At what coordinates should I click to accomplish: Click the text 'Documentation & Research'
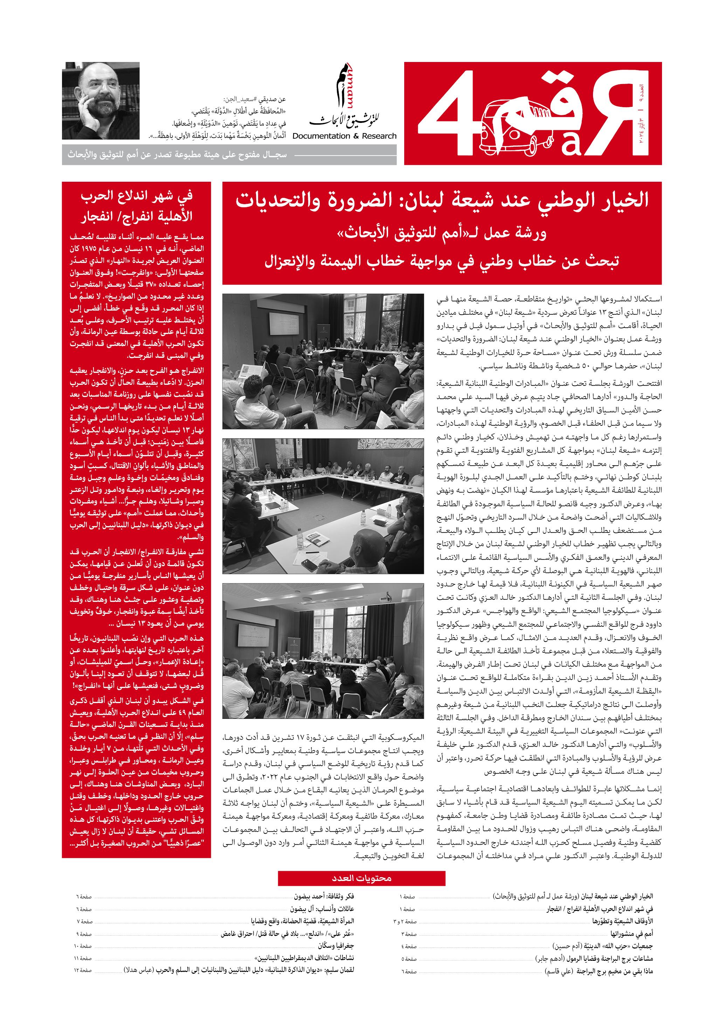point(344,136)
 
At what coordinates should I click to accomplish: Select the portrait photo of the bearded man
point(101,100)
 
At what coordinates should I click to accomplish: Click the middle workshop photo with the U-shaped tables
point(323,507)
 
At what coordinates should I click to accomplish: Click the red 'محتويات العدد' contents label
point(361,878)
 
